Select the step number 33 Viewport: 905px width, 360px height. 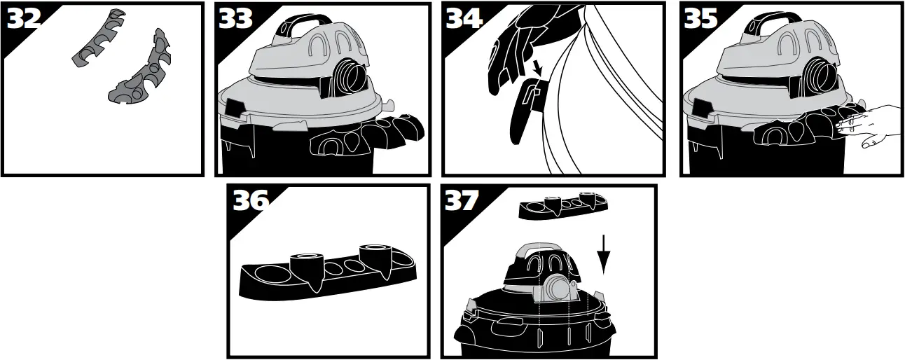point(235,19)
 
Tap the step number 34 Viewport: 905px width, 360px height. point(464,19)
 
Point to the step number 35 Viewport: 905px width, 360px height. point(700,19)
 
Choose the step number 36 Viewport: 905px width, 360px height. point(251,200)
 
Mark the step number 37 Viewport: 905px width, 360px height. point(462,200)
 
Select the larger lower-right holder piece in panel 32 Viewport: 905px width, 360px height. point(144,74)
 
